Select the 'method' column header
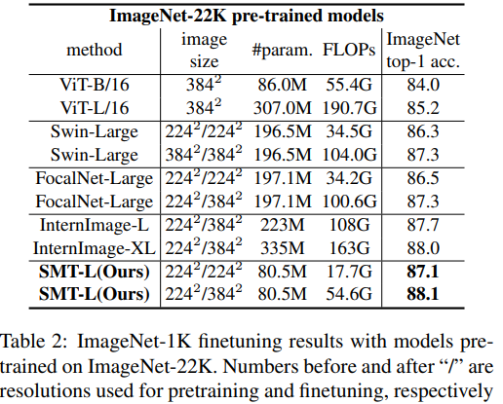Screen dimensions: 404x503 point(96,49)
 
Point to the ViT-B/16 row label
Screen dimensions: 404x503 point(96,85)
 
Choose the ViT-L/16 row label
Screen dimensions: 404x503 point(96,105)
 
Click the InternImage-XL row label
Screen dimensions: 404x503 point(96,246)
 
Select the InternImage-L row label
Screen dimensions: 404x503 point(96,226)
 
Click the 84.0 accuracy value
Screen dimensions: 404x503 point(426,85)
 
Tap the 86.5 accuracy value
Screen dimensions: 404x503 point(426,179)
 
